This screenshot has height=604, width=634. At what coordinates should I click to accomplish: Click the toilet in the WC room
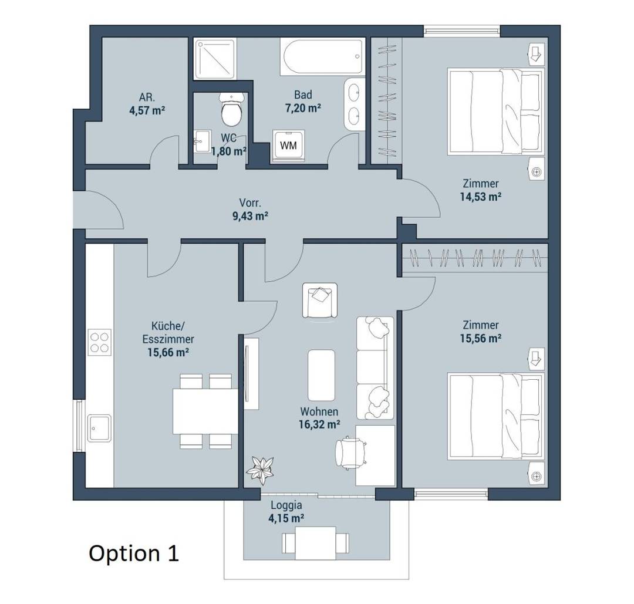pyautogui.click(x=231, y=109)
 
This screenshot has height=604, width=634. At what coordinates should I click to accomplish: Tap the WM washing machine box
pyautogui.click(x=288, y=145)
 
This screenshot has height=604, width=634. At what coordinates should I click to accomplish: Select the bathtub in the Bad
pyautogui.click(x=322, y=57)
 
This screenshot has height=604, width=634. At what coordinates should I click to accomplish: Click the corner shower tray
pyautogui.click(x=214, y=59)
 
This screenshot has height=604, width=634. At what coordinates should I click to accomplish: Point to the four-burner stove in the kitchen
pyautogui.click(x=100, y=342)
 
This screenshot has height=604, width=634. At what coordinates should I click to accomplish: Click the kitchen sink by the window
pyautogui.click(x=99, y=428)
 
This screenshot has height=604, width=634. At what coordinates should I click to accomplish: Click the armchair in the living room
pyautogui.click(x=320, y=300)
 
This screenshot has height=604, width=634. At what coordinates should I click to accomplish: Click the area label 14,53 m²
pyautogui.click(x=481, y=197)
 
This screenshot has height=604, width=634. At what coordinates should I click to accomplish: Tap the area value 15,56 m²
pyautogui.click(x=481, y=338)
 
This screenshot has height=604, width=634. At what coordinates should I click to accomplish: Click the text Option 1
pyautogui.click(x=133, y=554)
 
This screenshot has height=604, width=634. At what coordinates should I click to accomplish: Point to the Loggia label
pyautogui.click(x=286, y=505)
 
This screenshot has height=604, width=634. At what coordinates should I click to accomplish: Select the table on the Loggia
pyautogui.click(x=315, y=543)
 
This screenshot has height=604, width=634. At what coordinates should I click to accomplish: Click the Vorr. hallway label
pyautogui.click(x=250, y=203)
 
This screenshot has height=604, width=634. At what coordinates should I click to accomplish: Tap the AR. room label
pyautogui.click(x=147, y=97)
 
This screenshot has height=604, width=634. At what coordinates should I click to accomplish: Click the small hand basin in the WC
pyautogui.click(x=202, y=141)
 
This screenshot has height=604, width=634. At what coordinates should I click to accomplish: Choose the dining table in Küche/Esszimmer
pyautogui.click(x=205, y=411)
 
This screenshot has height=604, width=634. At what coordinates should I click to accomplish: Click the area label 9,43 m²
pyautogui.click(x=250, y=216)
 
